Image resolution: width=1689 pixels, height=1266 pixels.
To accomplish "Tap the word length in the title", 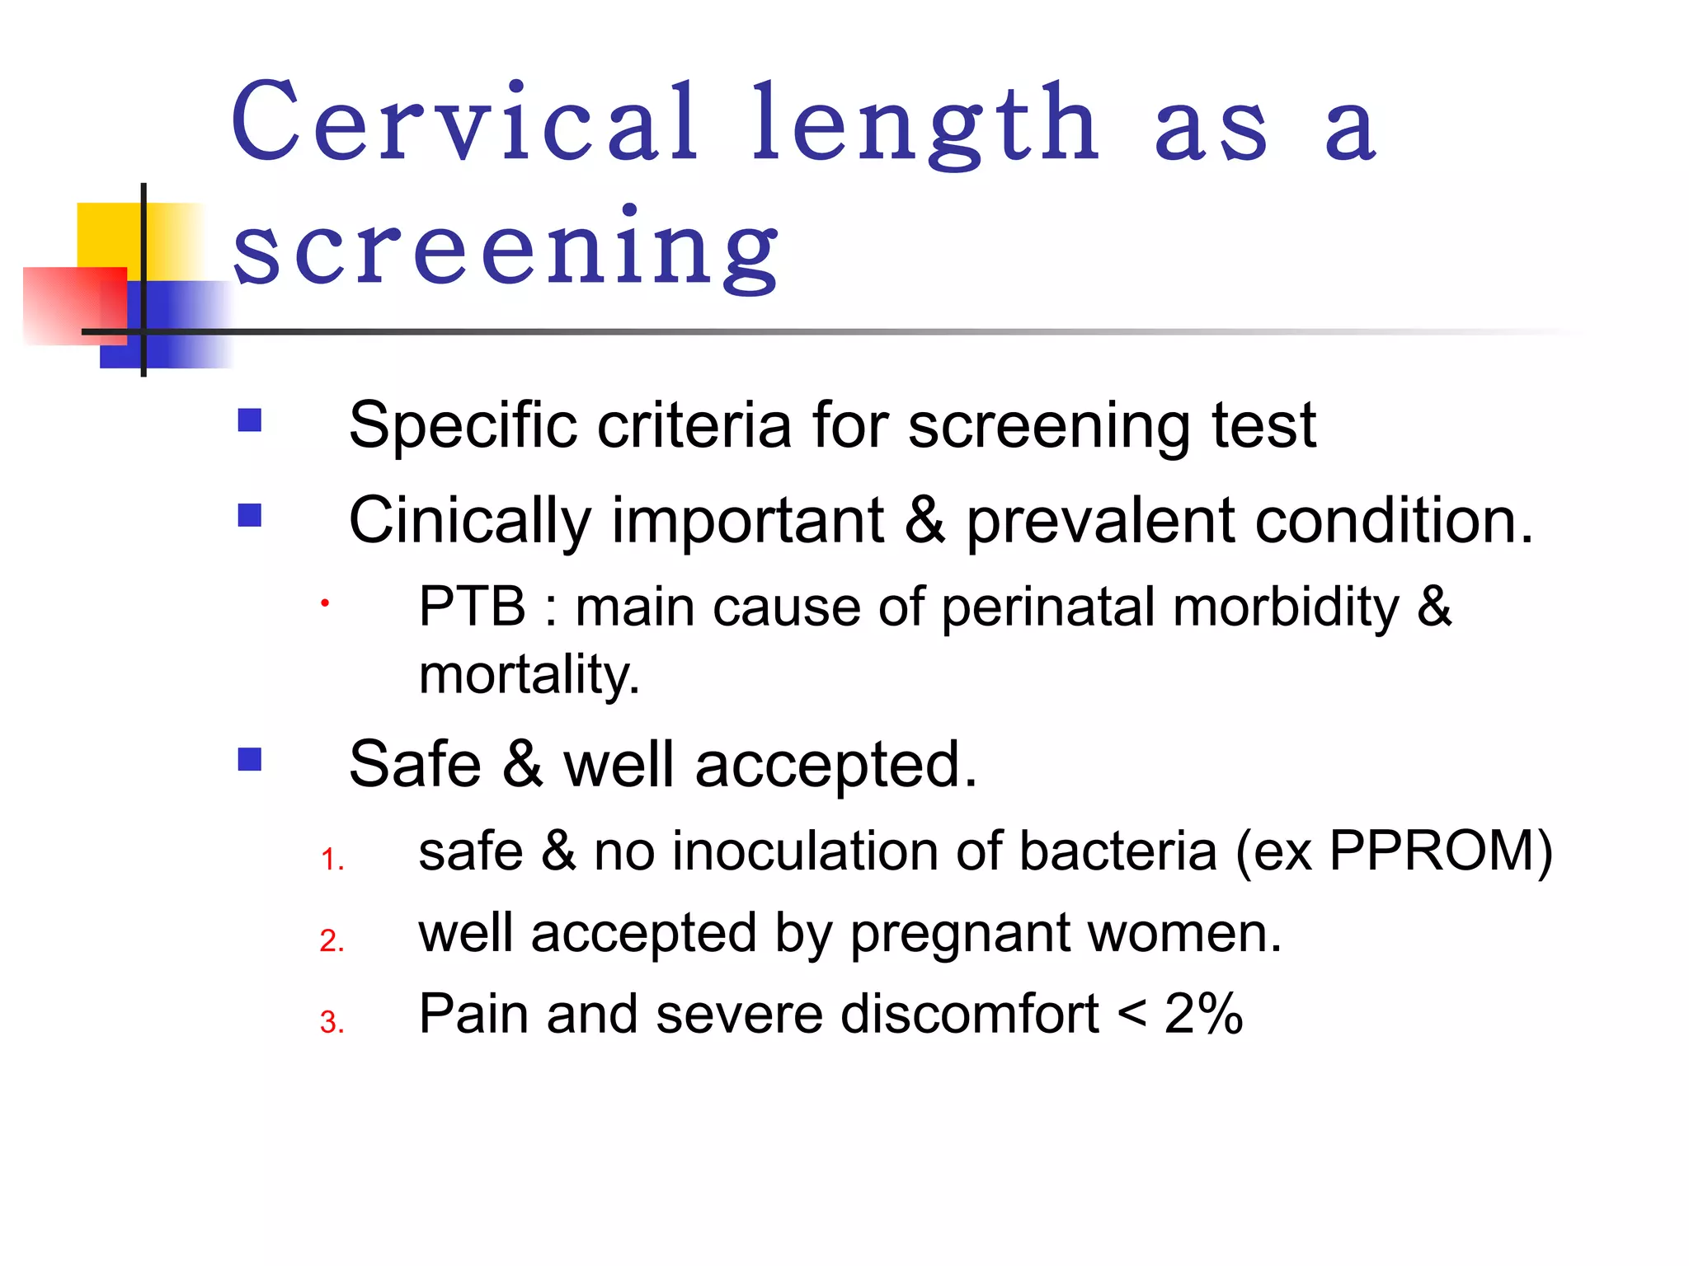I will pos(924,124).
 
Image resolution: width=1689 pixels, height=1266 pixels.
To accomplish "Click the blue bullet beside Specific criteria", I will pos(249,421).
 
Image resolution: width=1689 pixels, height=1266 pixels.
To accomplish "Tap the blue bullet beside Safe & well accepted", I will pos(249,759).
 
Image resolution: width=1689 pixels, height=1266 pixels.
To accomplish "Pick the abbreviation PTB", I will pos(472,607).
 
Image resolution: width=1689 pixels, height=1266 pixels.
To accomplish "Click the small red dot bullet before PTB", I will pos(325,603).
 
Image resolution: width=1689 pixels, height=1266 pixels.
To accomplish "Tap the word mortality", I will pos(529,674).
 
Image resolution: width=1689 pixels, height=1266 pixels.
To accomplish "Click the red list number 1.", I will pos(332,860).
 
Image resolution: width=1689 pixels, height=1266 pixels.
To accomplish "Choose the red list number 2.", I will pos(332,941).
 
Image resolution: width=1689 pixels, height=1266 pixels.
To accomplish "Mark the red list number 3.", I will pos(332,1022).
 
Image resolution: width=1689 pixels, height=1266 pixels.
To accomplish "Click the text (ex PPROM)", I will pos(1394,851).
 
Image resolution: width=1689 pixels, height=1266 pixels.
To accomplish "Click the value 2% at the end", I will pos(1203,1014).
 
